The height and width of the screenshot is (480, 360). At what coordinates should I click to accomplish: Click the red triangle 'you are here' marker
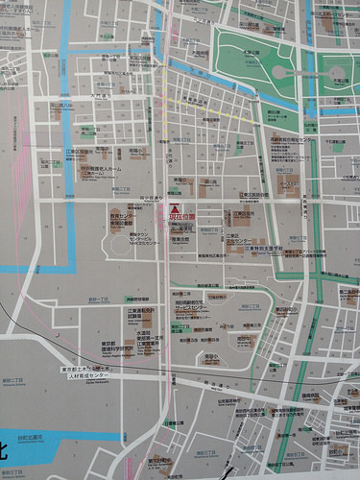tap(175, 208)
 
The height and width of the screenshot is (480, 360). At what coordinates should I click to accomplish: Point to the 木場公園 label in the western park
tap(251, 52)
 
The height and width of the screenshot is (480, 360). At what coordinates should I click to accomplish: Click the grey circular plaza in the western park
tap(279, 72)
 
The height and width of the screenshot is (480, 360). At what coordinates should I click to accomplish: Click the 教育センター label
tap(119, 217)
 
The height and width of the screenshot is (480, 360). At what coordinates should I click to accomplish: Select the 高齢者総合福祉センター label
tap(293, 139)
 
